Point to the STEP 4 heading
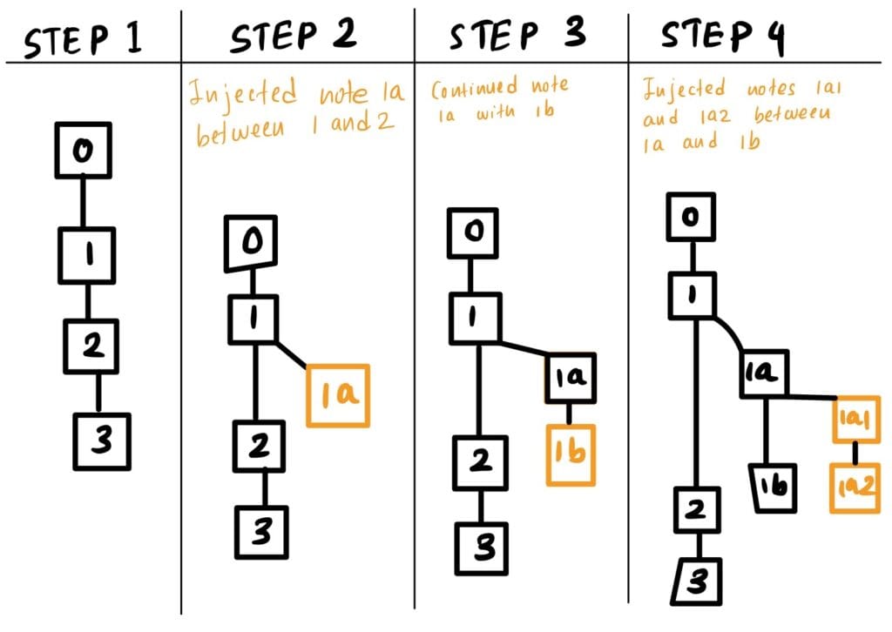(723, 37)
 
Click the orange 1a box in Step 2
(338, 395)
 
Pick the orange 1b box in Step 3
(571, 454)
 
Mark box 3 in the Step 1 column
(102, 442)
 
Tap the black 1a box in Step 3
(570, 376)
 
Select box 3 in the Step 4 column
(697, 580)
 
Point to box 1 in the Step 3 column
(476, 317)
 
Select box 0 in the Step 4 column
(692, 218)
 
